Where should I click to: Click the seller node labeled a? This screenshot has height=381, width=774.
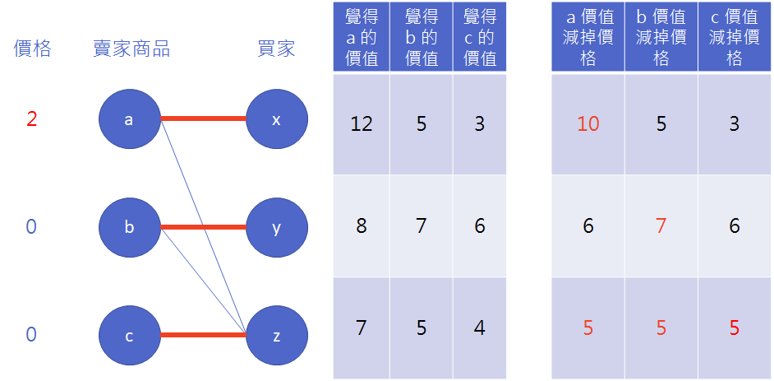129,120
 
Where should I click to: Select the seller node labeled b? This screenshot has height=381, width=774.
129,227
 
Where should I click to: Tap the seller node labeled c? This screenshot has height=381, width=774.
129,335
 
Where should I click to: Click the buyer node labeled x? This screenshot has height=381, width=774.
276,120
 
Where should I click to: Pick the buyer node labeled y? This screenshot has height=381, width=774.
276,227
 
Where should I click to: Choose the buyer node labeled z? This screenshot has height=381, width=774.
276,335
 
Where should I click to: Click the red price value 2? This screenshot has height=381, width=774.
31,120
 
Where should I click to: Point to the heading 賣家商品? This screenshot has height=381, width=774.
131,49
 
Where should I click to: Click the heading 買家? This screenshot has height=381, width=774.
276,49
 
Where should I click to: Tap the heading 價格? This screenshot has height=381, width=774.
32,49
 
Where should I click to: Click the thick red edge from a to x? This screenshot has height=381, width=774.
202,119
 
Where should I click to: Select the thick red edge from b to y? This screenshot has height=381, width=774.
202,227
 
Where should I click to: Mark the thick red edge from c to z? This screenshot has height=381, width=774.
202,335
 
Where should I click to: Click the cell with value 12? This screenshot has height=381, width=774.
362,124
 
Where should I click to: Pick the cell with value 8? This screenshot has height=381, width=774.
362,225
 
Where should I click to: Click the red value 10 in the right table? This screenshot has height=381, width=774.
588,124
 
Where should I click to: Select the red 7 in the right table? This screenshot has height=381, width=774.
661,225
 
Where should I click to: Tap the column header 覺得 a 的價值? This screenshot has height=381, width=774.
362,37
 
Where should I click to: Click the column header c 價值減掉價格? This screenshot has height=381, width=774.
735,37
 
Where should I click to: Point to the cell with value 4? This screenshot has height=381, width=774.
480,328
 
